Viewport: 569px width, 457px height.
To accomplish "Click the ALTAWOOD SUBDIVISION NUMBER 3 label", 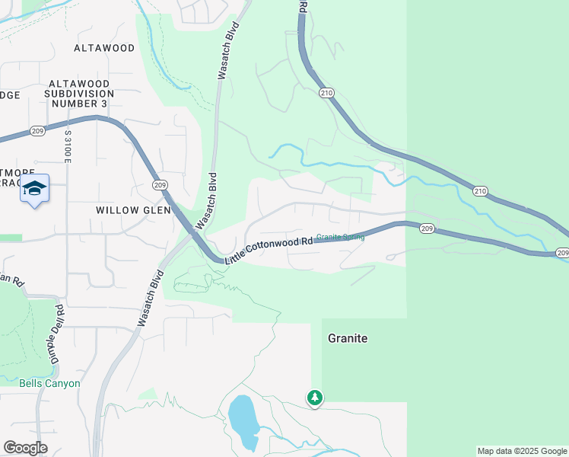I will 79,93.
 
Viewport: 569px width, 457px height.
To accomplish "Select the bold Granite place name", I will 348,338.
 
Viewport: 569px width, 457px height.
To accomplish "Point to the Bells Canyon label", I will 49,383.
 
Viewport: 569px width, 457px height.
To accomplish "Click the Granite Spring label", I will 340,237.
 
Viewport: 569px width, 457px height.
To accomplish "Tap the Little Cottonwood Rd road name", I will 270,251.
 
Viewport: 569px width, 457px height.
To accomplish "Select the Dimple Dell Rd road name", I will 54,334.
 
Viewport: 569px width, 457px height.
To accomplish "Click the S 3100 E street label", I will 68,146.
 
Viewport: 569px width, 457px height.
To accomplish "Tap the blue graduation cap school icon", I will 34,189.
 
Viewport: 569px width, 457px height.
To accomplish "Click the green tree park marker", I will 315,397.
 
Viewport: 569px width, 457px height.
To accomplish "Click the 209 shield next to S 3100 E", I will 40,131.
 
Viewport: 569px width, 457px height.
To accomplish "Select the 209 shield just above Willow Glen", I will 159,185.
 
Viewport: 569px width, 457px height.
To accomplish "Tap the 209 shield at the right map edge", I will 561,253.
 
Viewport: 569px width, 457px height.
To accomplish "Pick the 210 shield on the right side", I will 479,190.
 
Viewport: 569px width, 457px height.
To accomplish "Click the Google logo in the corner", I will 25,448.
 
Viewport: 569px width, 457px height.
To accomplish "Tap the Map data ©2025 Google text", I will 521,451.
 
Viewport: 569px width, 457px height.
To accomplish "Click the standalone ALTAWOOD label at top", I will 104,48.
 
